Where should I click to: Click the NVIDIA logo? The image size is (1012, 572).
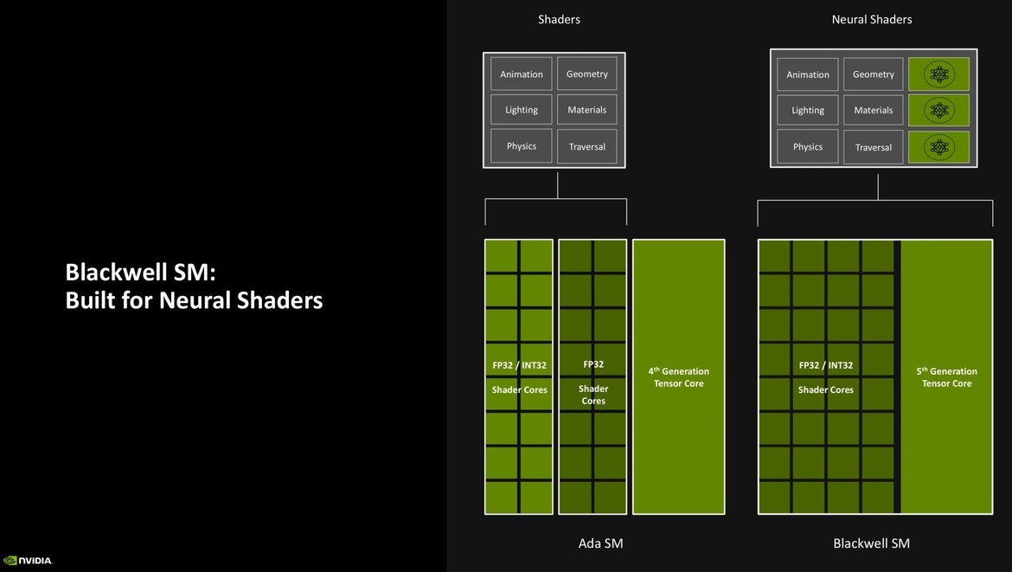click(28, 560)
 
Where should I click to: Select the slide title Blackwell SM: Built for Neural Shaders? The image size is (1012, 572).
click(194, 286)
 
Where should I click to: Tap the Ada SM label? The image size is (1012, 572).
click(600, 543)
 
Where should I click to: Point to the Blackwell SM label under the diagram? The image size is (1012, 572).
click(871, 543)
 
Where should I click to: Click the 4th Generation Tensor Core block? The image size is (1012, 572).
click(679, 377)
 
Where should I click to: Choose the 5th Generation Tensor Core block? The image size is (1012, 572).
click(947, 377)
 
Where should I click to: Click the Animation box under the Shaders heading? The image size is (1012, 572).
click(522, 74)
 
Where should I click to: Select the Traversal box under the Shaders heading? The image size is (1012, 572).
click(587, 147)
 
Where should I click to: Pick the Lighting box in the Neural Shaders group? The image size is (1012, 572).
click(808, 111)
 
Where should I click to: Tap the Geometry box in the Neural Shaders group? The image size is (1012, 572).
click(874, 74)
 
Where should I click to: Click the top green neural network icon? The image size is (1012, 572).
click(938, 74)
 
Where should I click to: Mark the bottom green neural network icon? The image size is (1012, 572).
click(938, 147)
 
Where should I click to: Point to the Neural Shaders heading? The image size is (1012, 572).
click(872, 19)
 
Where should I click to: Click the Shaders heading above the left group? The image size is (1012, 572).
click(560, 19)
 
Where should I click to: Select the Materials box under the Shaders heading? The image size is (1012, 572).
click(587, 110)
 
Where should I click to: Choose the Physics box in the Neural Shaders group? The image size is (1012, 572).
click(808, 147)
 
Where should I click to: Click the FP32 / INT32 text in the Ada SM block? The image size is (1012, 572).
click(520, 365)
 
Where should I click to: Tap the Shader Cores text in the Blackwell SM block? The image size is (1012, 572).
click(825, 390)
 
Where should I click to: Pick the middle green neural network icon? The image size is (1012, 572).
click(938, 111)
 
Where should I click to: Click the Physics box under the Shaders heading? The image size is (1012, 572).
click(522, 146)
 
